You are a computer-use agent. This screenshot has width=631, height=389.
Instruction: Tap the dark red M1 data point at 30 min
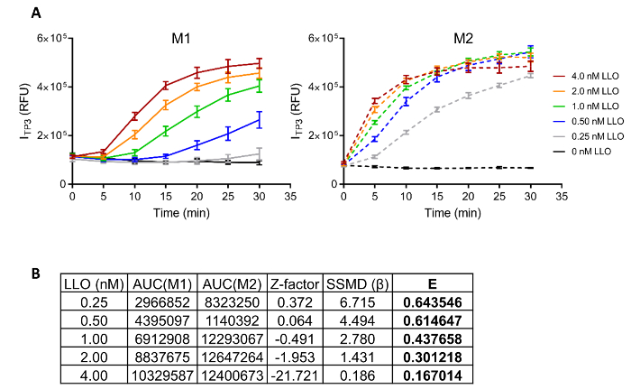259,63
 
